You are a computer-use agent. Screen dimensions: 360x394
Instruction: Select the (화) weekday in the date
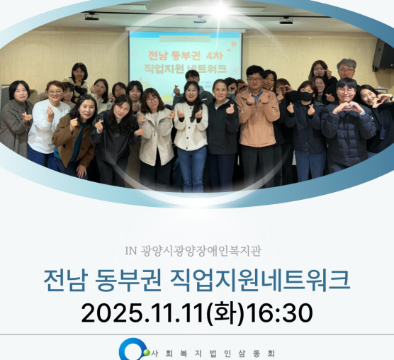[225, 313]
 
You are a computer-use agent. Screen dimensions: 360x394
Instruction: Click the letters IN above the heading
[130, 250]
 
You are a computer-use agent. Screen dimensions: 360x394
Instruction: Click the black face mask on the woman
[305, 96]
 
